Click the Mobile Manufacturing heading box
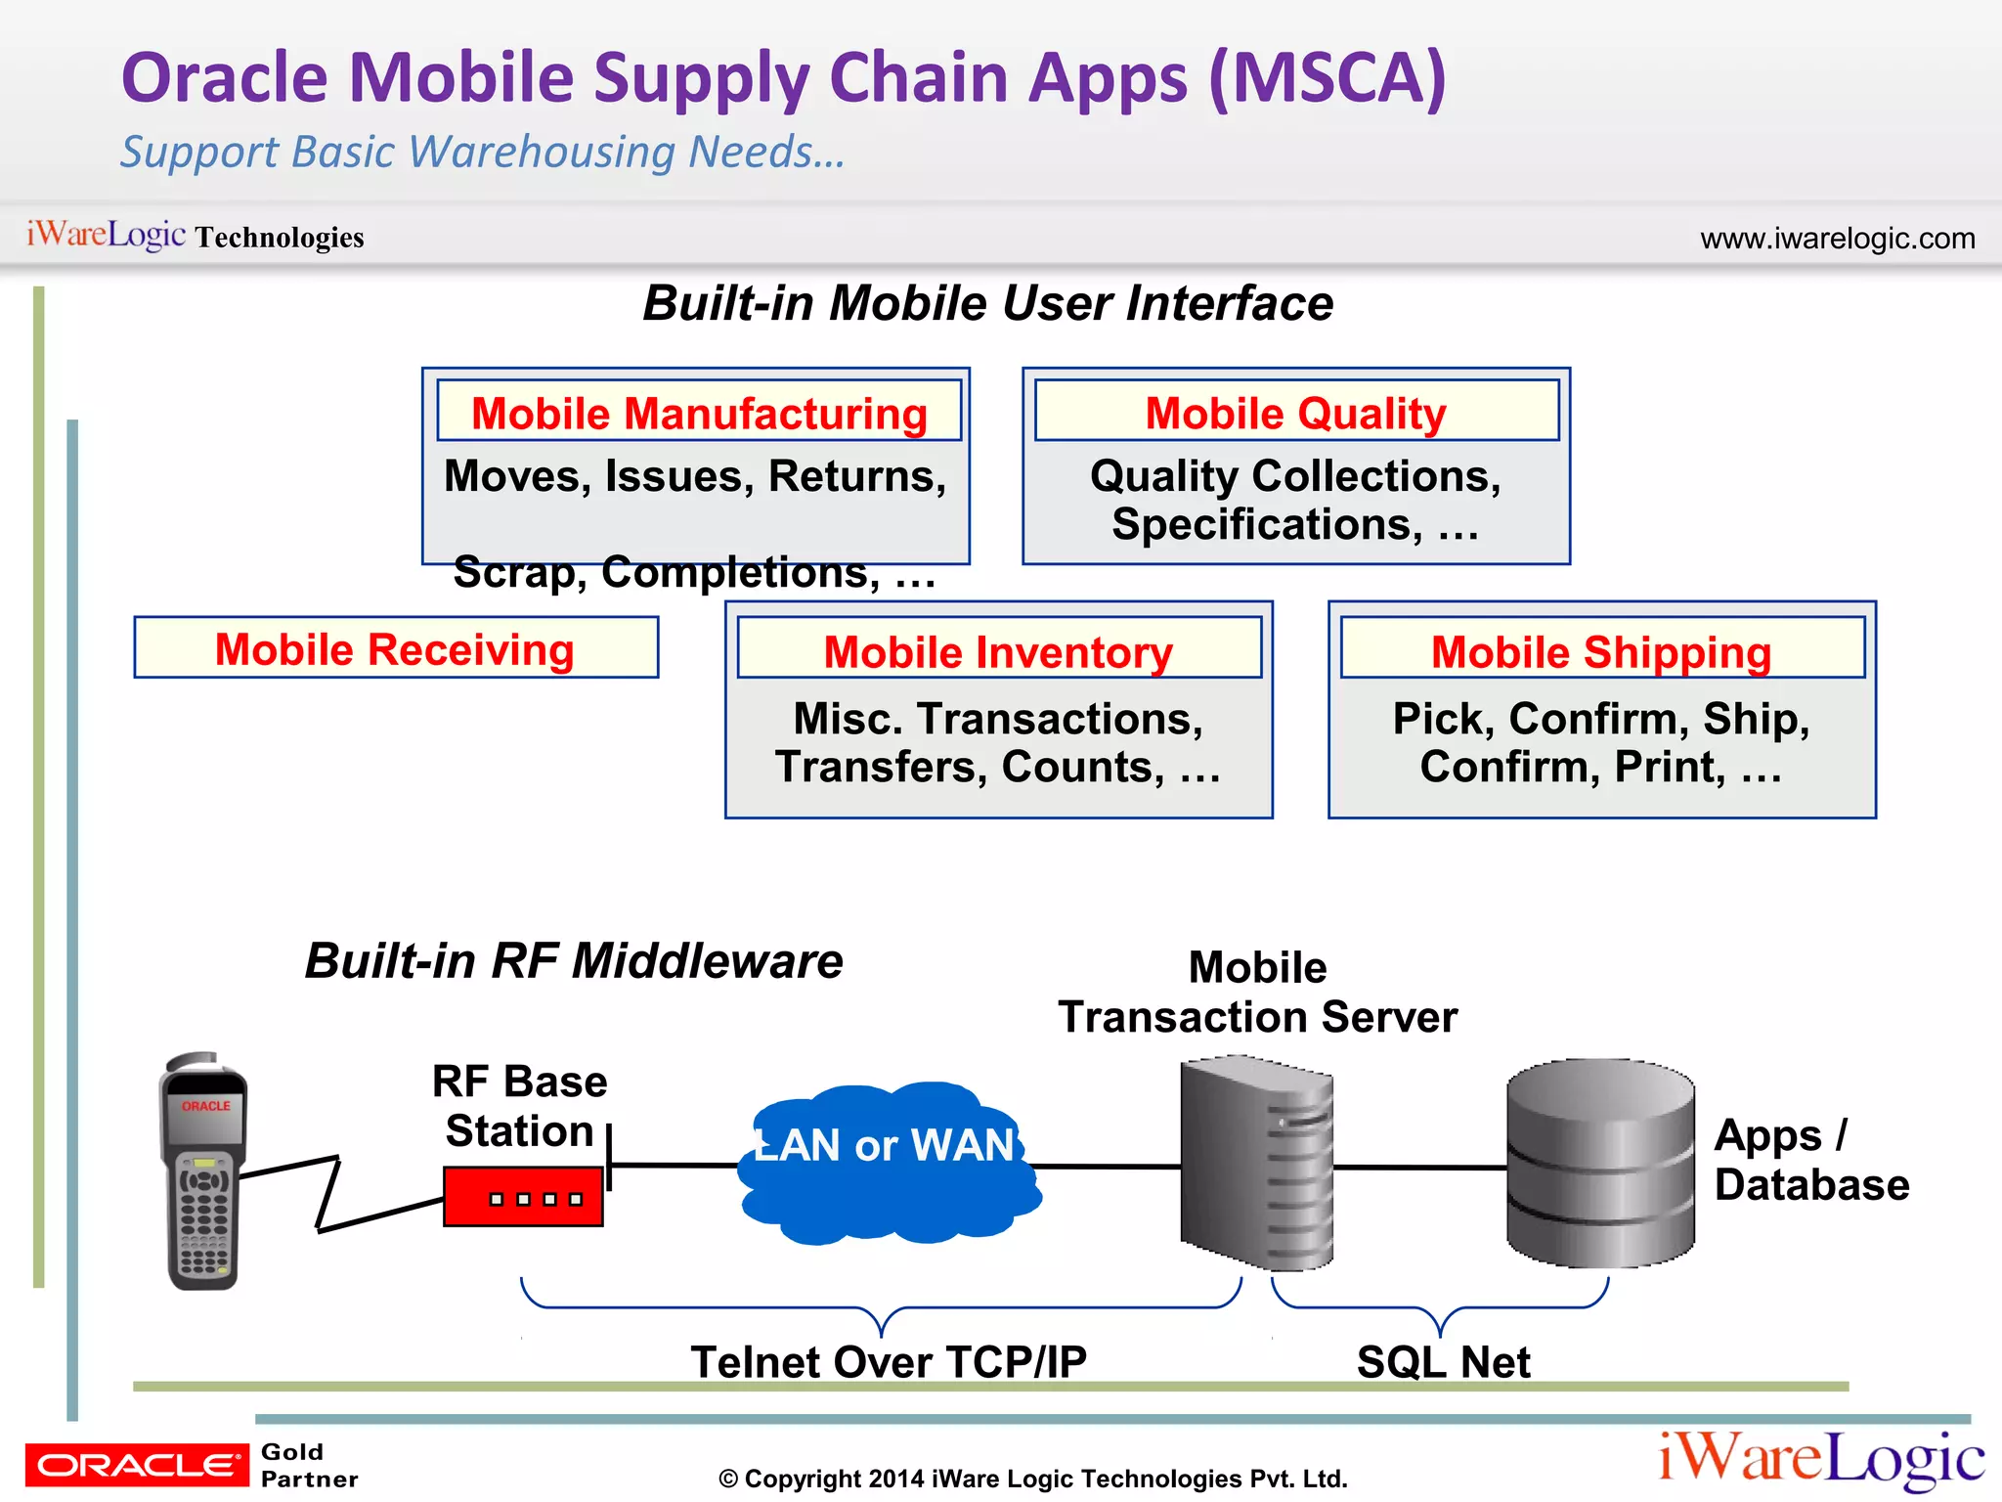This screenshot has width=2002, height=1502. (x=699, y=412)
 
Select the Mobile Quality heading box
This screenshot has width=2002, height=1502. (x=1296, y=412)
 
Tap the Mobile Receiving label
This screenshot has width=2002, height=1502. (x=396, y=648)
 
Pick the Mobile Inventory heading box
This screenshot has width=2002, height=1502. (x=999, y=649)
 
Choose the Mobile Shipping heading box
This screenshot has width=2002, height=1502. (x=1601, y=649)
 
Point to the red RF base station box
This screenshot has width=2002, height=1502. (x=522, y=1196)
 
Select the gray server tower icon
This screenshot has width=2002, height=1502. (x=1255, y=1164)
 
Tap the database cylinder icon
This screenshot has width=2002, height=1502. (x=1600, y=1164)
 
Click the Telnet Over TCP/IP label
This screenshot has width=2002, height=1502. (x=888, y=1361)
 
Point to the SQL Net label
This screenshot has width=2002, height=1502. (x=1443, y=1361)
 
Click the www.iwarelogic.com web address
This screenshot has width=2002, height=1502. (x=1837, y=239)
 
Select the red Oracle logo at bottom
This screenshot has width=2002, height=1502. (x=137, y=1464)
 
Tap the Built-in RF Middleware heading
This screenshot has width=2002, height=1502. (x=574, y=960)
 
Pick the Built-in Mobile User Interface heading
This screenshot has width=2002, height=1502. (x=987, y=303)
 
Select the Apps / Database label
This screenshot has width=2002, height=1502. (x=1810, y=1160)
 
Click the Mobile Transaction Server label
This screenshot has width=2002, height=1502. (x=1257, y=993)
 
